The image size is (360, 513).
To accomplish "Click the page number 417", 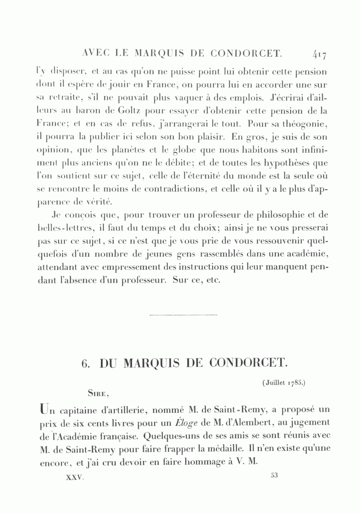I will (320, 54).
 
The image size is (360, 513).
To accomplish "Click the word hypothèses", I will (292, 163).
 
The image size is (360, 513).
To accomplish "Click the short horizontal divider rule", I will (183, 315).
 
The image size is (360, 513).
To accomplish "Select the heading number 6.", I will (84, 363).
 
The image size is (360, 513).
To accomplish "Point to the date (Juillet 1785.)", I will (284, 382).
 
